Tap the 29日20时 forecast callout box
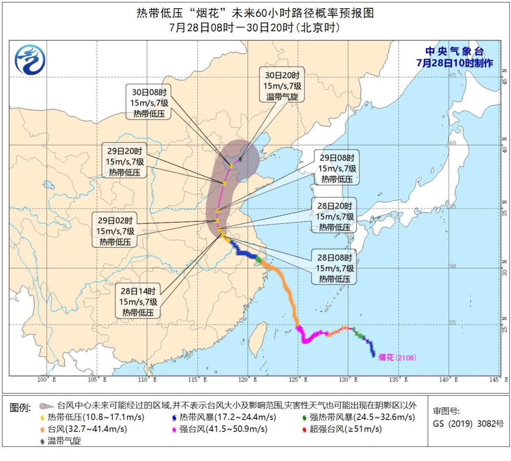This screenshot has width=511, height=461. [x=126, y=162]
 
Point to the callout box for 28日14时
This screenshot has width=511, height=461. [x=137, y=302]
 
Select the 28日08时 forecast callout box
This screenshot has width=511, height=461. [x=335, y=268]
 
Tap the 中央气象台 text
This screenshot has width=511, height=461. [x=454, y=52]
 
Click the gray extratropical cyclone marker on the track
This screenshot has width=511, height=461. [x=240, y=159]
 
